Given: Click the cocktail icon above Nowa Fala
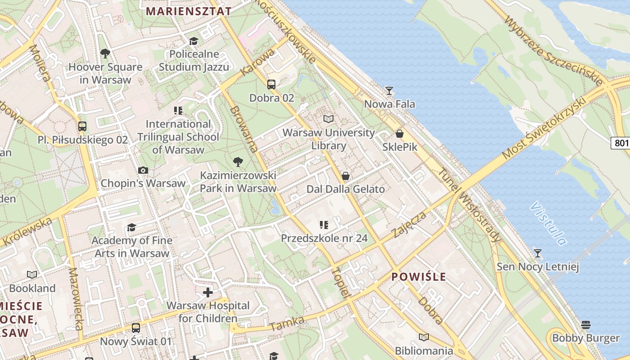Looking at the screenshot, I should click(389, 91).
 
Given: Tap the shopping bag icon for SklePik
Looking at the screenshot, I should click(399, 134).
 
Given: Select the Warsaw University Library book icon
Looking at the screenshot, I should click(328, 119).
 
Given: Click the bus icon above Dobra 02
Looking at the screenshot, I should click(271, 84).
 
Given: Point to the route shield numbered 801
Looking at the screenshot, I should click(621, 143).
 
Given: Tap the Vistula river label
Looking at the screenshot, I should click(548, 224).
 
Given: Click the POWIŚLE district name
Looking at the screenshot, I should click(418, 276).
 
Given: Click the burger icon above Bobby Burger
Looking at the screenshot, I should click(585, 324).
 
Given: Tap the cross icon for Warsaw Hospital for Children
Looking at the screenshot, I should click(207, 292).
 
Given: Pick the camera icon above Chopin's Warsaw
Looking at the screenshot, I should click(143, 170).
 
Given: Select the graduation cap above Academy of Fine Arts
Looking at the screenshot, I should click(131, 228).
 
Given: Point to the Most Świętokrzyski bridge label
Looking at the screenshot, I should click(544, 128).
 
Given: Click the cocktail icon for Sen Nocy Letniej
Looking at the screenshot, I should click(537, 253).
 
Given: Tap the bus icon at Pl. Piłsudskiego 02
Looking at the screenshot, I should click(82, 126).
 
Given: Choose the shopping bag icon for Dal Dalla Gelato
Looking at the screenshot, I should click(346, 176).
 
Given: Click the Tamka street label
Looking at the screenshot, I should click(287, 324).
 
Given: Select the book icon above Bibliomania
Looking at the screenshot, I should click(423, 337).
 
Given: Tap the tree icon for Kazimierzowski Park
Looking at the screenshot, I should click(238, 162).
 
